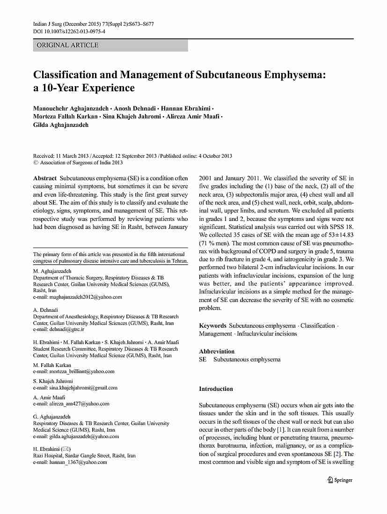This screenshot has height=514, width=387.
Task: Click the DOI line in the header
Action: point(69,31)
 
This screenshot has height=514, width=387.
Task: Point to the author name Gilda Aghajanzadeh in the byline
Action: point(61,125)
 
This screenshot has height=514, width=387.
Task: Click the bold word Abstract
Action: point(45,178)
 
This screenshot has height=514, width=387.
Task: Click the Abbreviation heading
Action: point(217,351)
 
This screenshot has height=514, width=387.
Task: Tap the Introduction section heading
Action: point(216,389)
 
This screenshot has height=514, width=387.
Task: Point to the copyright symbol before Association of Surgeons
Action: point(36,163)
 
